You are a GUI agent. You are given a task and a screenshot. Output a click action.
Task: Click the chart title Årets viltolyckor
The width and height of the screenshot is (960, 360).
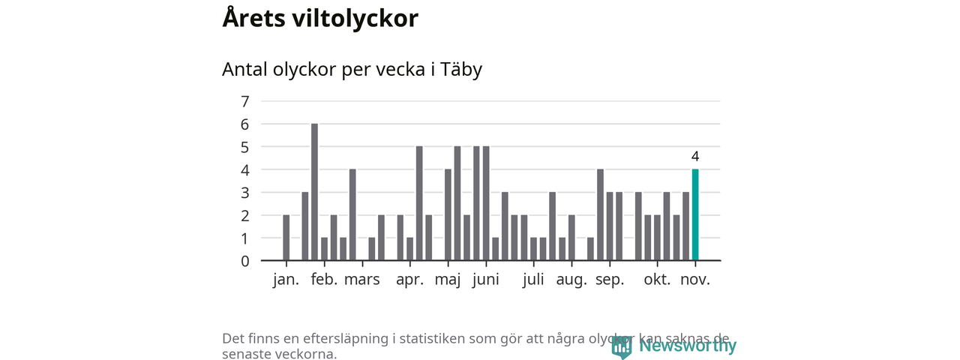click(x=319, y=19)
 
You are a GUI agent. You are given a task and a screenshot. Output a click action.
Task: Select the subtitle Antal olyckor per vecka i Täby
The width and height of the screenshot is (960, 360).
click(x=352, y=70)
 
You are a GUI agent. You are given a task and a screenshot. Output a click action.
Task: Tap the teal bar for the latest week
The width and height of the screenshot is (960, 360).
click(x=695, y=215)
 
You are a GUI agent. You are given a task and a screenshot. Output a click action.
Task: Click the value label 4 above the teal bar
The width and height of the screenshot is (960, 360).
click(x=695, y=157)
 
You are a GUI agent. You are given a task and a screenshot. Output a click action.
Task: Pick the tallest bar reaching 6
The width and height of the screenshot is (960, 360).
click(x=314, y=192)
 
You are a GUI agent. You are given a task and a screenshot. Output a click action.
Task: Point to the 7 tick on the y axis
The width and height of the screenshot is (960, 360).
click(x=244, y=101)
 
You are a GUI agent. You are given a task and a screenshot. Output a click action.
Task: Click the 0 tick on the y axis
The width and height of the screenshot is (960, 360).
click(x=244, y=261)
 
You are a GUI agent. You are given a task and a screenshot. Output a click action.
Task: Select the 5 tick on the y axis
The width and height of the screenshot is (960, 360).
click(x=244, y=147)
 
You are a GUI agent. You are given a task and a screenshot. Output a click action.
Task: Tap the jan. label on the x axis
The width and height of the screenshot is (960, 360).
click(x=286, y=280)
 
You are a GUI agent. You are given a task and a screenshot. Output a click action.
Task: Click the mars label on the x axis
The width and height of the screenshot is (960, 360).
click(x=362, y=280)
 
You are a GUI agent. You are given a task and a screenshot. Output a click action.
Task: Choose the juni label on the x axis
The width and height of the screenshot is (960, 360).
click(x=486, y=280)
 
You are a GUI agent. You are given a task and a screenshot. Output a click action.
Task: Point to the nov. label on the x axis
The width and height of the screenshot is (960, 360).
click(x=695, y=280)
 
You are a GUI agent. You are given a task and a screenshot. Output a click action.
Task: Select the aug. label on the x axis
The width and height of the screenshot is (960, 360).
click(x=571, y=280)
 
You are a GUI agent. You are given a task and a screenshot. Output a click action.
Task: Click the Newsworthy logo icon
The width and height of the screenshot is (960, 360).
click(x=621, y=346)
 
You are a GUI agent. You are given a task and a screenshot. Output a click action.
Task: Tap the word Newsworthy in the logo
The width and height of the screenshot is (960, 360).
click(x=687, y=346)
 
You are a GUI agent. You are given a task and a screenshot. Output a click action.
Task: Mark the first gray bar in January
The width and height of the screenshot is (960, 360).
click(x=286, y=238)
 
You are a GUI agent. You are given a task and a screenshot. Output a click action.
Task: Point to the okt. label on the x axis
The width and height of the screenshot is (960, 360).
click(x=657, y=280)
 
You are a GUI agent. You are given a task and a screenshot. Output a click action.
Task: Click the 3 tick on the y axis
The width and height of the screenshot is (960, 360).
click(x=244, y=193)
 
